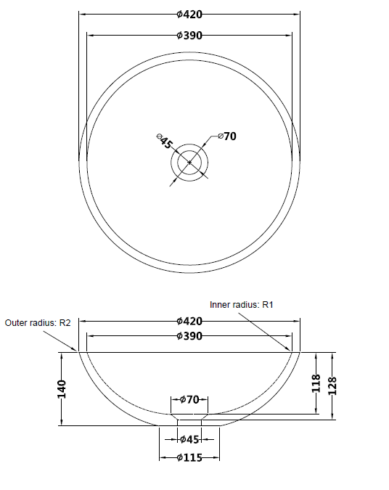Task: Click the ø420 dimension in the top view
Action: tap(189, 13)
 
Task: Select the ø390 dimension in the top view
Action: tap(189, 35)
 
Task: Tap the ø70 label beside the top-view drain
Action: tap(227, 136)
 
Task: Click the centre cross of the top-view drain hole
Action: tap(189, 162)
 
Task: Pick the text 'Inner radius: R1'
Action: tap(240, 305)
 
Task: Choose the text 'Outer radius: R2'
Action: tap(38, 323)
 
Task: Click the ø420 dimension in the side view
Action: tap(189, 321)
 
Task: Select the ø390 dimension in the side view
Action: tap(189, 336)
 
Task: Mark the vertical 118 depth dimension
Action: tap(316, 383)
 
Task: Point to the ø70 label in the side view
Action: tap(189, 399)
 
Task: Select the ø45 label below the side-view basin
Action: tap(189, 438)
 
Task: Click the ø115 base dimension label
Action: tap(189, 457)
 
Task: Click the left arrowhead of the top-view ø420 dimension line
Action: tap(81, 13)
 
